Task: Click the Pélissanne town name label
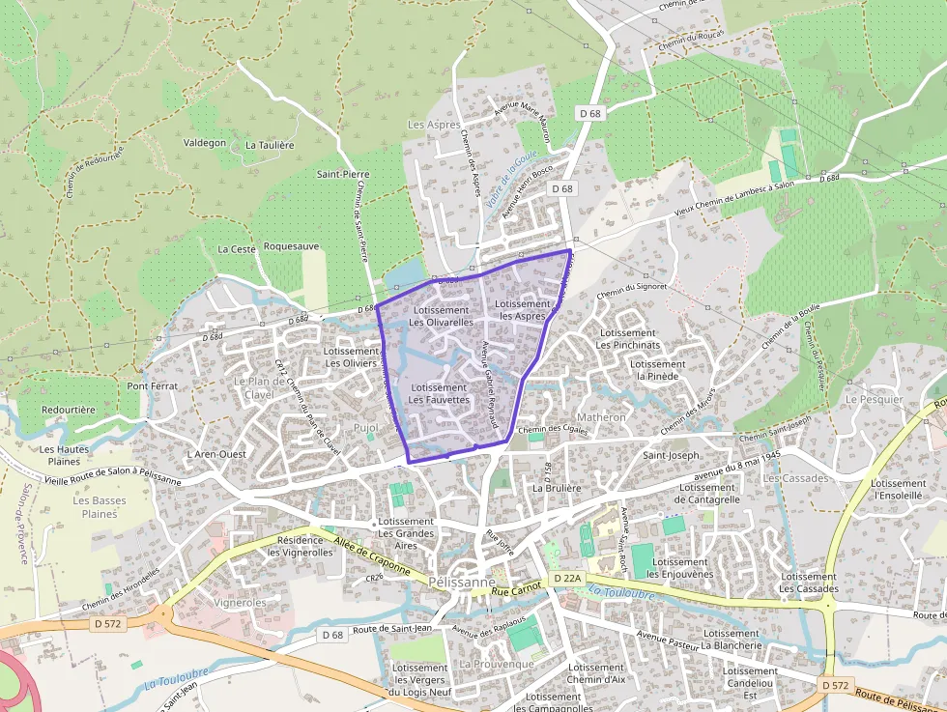point(462,584)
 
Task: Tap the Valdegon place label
point(205,142)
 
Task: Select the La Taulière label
point(270,145)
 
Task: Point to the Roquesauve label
point(291,246)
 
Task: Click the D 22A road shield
point(568,578)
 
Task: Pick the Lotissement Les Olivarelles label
point(441,316)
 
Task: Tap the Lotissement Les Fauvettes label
point(439,393)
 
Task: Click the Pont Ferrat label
point(153,385)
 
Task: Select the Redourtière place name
point(69,410)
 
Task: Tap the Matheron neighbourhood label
point(603,417)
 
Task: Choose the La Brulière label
point(558,489)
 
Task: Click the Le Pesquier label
point(874,399)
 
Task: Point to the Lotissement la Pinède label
point(661,370)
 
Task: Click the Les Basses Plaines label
point(100,507)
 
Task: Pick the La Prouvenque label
point(497,665)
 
